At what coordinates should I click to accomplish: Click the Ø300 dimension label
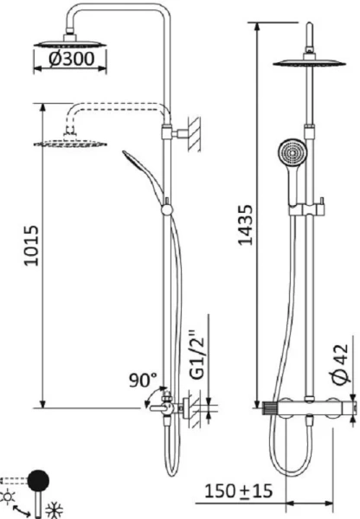tap(69, 59)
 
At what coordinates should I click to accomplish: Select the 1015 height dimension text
tap(31, 247)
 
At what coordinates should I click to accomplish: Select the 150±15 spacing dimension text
tap(239, 491)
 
